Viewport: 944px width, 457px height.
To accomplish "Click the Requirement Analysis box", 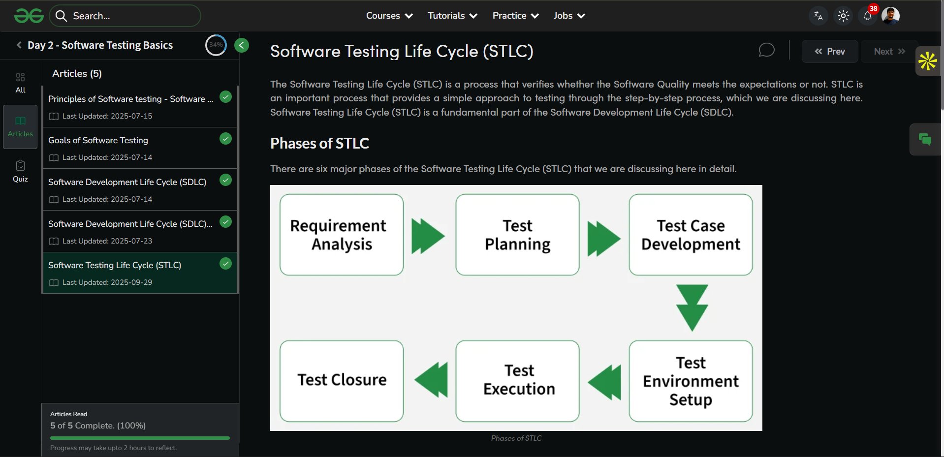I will [341, 235].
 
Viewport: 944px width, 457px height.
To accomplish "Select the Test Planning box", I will [517, 235].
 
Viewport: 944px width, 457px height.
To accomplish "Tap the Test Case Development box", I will [691, 235].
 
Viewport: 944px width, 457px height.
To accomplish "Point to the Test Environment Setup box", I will [691, 381].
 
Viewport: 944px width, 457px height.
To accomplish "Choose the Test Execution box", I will [517, 381].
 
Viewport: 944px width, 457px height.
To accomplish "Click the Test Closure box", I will [341, 381].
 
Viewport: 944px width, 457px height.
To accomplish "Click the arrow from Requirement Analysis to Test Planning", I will [428, 236].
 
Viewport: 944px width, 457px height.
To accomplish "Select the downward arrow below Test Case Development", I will [692, 307].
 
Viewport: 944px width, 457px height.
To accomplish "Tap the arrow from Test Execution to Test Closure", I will [432, 380].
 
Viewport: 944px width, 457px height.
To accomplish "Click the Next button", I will [889, 51].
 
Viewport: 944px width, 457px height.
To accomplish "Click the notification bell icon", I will [867, 16].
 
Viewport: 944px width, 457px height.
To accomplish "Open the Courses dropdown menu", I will [389, 16].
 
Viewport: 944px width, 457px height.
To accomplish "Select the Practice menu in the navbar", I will [515, 16].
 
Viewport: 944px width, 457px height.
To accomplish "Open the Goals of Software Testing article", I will [98, 140].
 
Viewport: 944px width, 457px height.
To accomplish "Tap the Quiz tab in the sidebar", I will [20, 171].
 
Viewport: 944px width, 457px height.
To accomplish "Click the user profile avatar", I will [890, 16].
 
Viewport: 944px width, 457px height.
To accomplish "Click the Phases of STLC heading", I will [319, 143].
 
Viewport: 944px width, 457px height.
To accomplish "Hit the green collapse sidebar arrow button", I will [241, 45].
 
